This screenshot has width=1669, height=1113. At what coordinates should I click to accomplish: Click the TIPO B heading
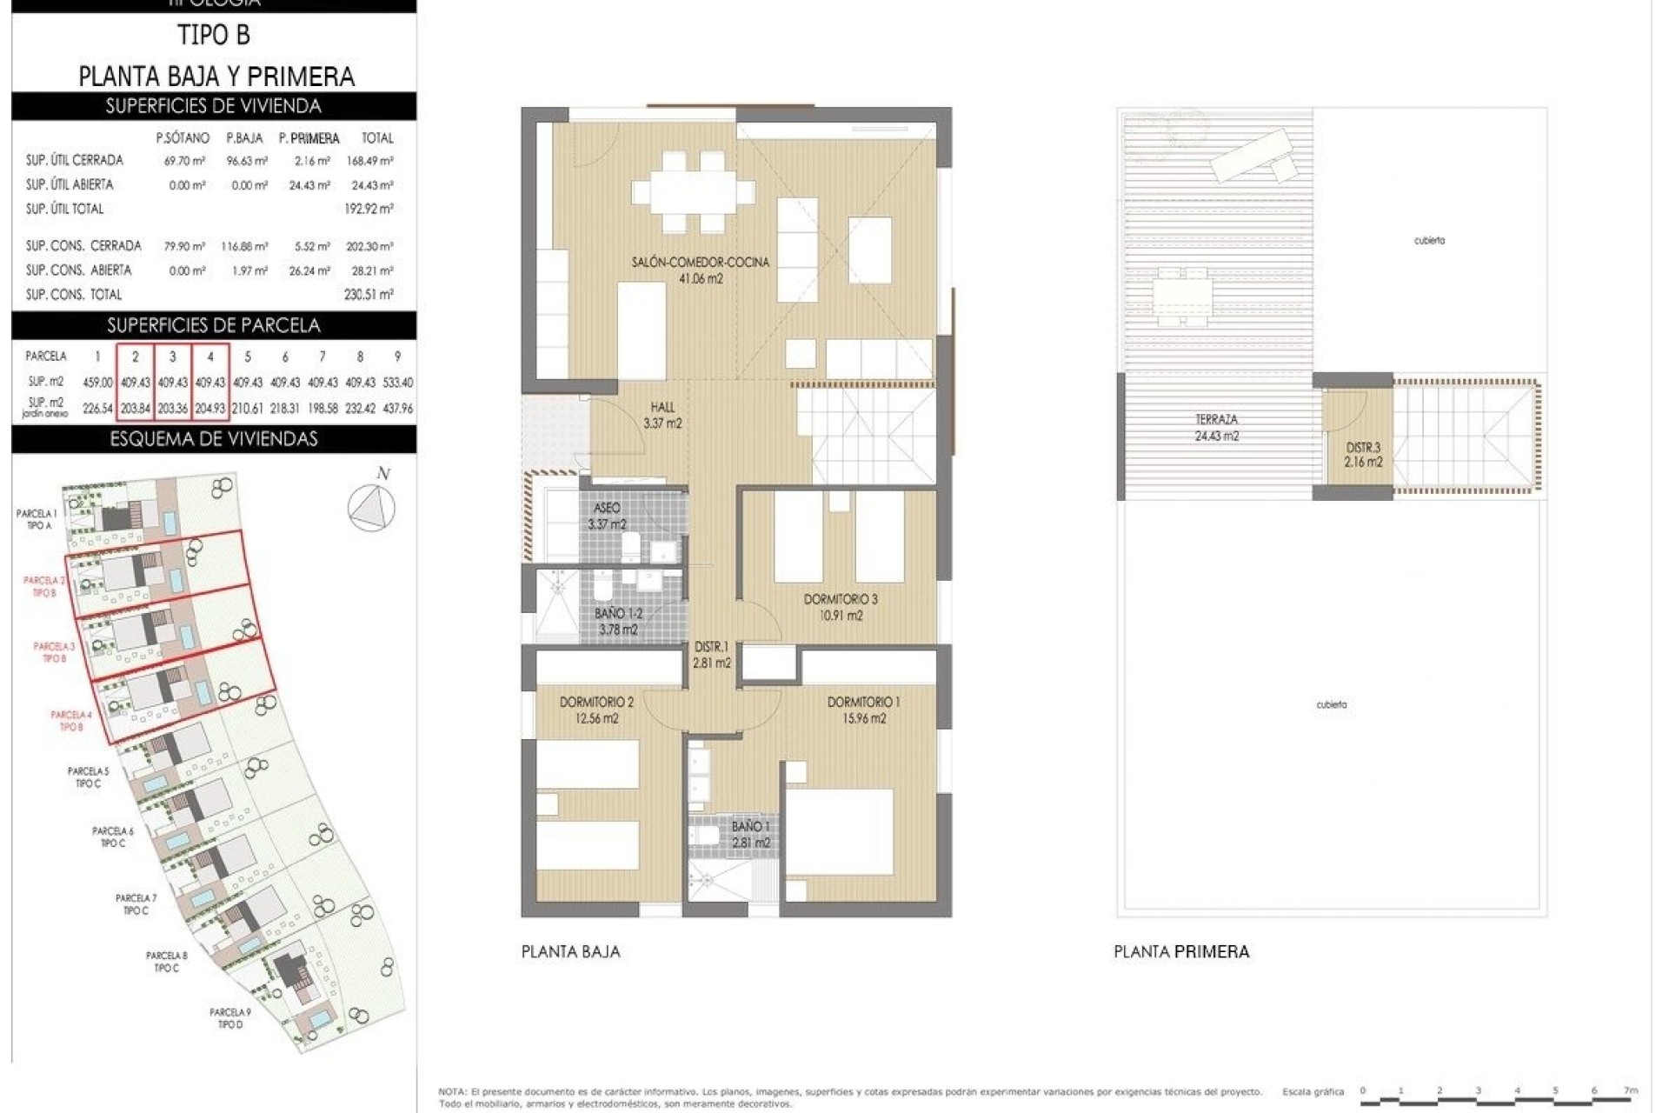(x=213, y=36)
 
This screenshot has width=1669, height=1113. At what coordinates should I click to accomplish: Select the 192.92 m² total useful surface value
(x=369, y=209)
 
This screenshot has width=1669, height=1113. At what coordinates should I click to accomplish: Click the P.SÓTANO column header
(x=183, y=137)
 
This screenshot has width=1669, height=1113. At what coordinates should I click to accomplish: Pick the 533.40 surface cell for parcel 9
(x=398, y=383)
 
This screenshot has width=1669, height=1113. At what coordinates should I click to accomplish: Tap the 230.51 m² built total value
(x=369, y=295)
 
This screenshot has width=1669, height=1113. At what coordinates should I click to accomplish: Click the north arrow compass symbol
(x=371, y=506)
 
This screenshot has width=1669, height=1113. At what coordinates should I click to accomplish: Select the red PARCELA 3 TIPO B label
(x=54, y=652)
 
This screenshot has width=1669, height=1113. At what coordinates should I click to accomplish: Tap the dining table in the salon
(x=693, y=192)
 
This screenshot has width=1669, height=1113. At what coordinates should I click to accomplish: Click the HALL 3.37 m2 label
(x=662, y=416)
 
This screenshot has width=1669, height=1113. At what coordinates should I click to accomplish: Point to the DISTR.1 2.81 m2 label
(x=711, y=655)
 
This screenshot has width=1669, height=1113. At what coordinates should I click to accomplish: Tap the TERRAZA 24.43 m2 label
(x=1216, y=428)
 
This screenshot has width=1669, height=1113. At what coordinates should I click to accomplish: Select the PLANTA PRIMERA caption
(x=1181, y=952)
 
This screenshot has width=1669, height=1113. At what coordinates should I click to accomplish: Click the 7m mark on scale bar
(x=1631, y=1090)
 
